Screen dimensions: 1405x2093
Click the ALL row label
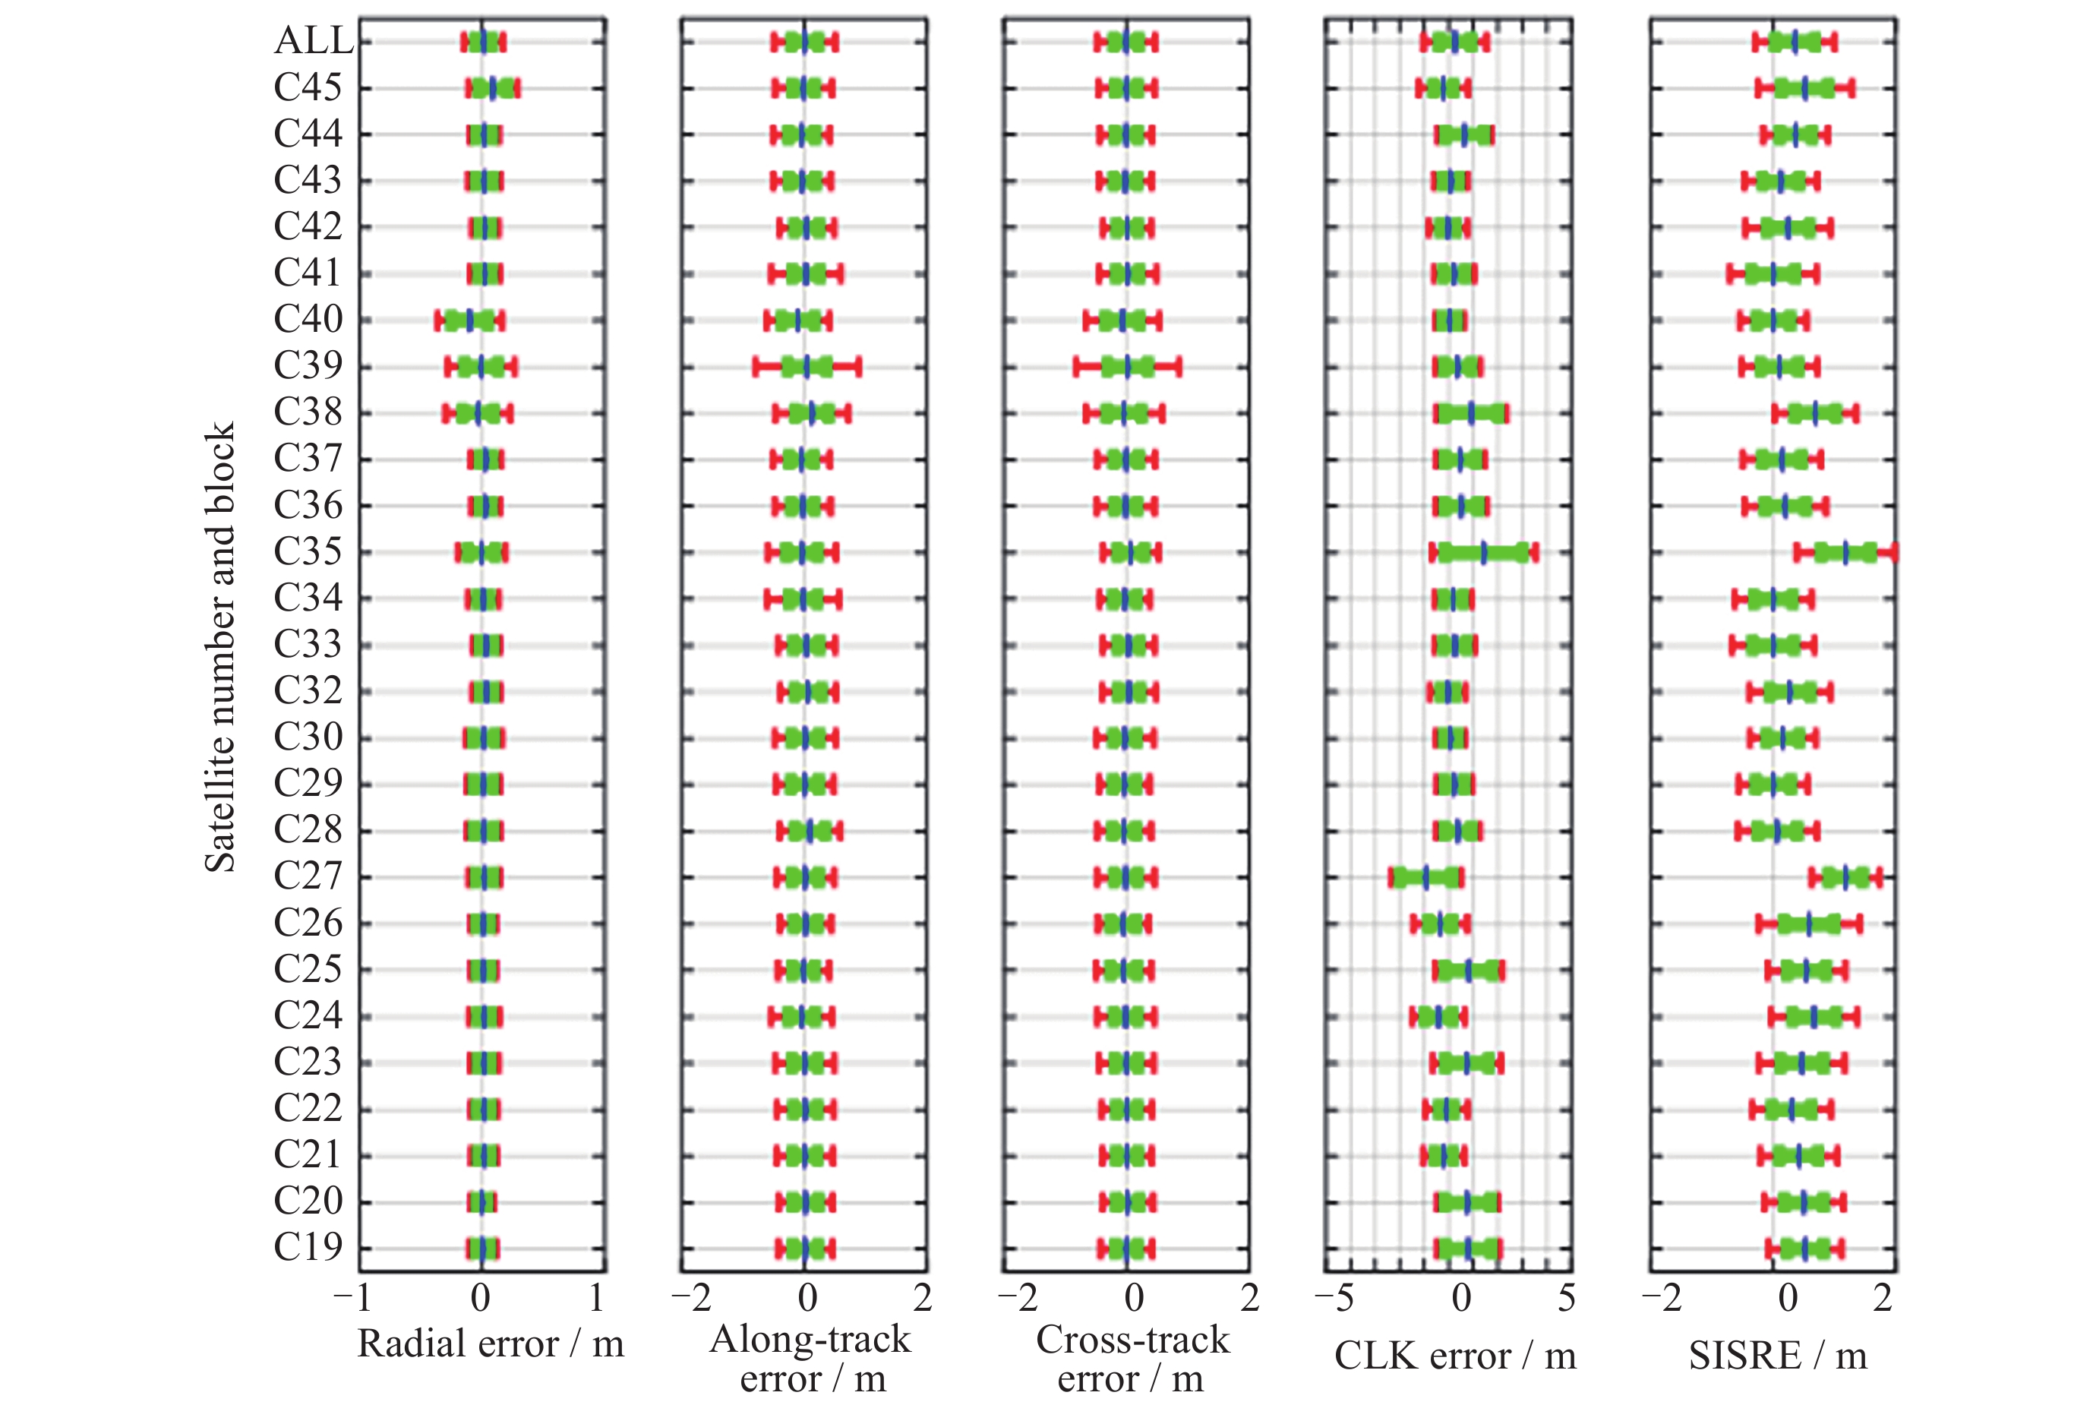314,41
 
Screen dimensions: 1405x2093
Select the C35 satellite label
308,552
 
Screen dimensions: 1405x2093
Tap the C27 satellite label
308,876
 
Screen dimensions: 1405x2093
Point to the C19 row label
308,1247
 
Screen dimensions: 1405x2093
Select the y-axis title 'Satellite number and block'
220,645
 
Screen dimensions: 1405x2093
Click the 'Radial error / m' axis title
490,1344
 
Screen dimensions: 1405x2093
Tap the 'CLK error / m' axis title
1455,1356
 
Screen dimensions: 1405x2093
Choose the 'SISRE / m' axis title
1778,1356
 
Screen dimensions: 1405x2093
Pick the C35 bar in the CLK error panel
1484,553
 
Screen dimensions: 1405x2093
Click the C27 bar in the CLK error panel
1426,877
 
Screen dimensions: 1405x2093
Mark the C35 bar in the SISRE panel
1845,553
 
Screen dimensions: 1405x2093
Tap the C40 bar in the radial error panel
469,320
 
